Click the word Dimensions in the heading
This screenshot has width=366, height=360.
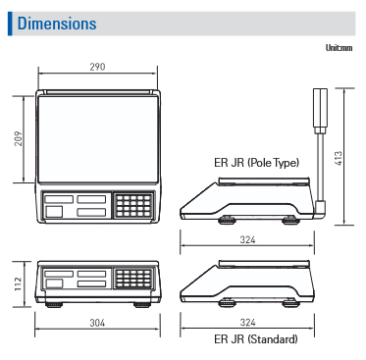57,24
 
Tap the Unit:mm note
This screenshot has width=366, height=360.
339,48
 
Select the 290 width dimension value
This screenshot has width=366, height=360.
97,67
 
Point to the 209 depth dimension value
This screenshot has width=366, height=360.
19,138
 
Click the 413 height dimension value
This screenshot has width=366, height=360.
339,158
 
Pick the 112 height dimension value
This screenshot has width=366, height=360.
18,283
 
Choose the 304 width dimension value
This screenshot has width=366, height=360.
97,323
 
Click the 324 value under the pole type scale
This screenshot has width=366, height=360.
247,239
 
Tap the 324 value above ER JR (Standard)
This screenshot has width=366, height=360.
247,323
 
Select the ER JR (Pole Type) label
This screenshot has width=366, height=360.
257,163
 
